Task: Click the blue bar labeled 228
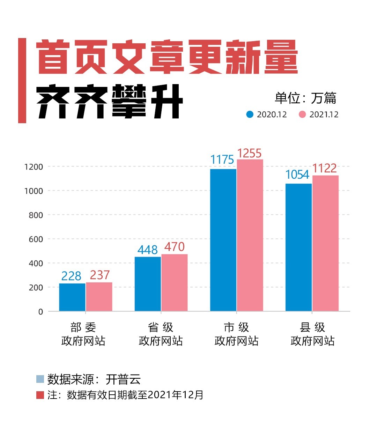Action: [x=72, y=297]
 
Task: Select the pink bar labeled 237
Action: [x=99, y=297]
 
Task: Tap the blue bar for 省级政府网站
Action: [x=148, y=284]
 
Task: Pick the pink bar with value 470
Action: [x=175, y=282]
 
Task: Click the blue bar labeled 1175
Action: [x=223, y=240]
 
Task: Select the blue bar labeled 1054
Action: [x=298, y=247]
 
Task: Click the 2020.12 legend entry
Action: [x=267, y=114]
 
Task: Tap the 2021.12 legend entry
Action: [x=319, y=114]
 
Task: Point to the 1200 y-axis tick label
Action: [x=34, y=167]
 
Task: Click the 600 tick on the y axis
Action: [x=36, y=239]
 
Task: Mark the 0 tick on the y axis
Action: [x=40, y=312]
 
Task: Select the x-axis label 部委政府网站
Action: [x=83, y=334]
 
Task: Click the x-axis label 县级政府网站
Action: [x=312, y=334]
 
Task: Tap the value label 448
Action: [x=148, y=250]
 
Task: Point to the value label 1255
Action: [x=249, y=153]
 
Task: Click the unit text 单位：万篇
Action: [x=305, y=98]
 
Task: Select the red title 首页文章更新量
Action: [x=167, y=57]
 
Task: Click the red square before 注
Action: [x=40, y=395]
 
